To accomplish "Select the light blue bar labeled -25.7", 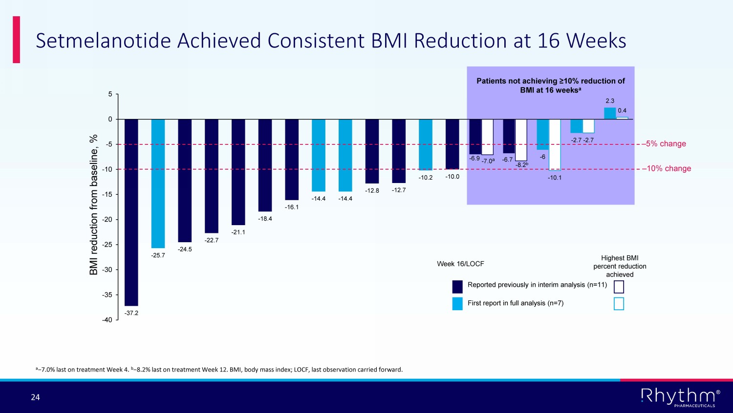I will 158,184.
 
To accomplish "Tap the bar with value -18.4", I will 265,165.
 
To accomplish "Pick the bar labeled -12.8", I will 372,151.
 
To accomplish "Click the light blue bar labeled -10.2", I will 426,144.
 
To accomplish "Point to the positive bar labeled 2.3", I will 610,114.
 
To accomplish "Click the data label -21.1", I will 238,232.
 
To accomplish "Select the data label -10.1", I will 555,178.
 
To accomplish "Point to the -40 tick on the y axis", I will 107,320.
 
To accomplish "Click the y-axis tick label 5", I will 110,94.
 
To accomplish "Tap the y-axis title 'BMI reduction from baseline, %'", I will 94,205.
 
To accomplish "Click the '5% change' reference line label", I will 666,144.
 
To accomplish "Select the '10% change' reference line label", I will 668,168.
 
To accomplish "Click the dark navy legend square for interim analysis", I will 457,286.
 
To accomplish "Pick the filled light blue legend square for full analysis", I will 457,303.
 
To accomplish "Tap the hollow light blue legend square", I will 619,304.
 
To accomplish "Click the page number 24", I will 35,397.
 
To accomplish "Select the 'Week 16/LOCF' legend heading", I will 460,264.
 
